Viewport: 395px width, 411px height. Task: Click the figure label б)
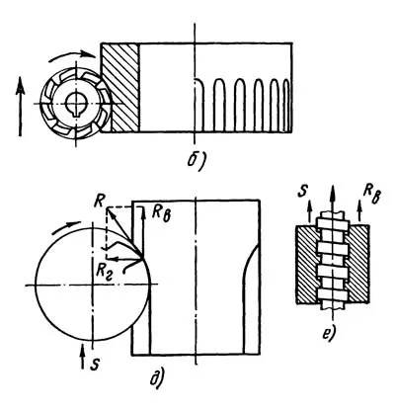pos(197,160)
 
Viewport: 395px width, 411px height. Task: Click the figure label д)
pos(157,378)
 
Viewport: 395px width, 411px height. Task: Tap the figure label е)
pos(328,334)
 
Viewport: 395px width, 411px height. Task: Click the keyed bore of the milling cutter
pos(76,105)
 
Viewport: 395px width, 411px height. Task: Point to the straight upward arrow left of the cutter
pos(21,106)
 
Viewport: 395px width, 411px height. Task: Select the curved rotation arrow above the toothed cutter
pos(72,55)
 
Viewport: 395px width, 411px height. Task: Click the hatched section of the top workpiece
pos(120,88)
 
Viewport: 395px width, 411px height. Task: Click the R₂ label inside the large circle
pos(105,273)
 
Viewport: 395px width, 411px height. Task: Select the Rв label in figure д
pos(161,214)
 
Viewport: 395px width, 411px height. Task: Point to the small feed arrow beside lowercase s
pos(83,357)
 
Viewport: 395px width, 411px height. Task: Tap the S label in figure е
pos(303,193)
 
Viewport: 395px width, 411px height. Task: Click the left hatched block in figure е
pos(308,264)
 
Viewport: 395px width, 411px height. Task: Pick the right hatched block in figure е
pos(359,264)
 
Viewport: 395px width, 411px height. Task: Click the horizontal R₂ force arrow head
pos(111,259)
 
